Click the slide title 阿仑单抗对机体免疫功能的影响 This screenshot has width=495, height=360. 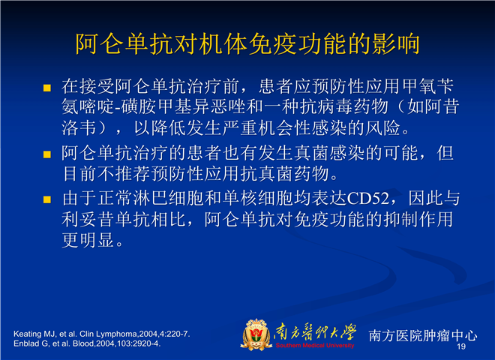pyautogui.click(x=247, y=43)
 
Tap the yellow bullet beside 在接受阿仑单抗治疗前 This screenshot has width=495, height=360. pyautogui.click(x=47, y=88)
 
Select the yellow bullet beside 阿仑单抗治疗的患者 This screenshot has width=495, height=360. pyautogui.click(x=47, y=154)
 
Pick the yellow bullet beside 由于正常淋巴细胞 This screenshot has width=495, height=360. pyautogui.click(x=47, y=199)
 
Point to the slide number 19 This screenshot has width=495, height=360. pyautogui.click(x=461, y=346)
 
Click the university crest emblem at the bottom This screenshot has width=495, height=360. pyautogui.click(x=256, y=334)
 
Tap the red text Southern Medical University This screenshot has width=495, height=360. pyautogui.click(x=315, y=346)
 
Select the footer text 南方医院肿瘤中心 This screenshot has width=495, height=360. pyautogui.click(x=423, y=335)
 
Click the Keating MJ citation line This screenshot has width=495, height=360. pyautogui.click(x=102, y=334)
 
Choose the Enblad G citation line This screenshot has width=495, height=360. pyautogui.click(x=87, y=343)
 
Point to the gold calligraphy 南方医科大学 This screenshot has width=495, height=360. pyautogui.click(x=315, y=332)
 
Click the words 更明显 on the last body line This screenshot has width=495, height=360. pyautogui.click(x=88, y=240)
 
